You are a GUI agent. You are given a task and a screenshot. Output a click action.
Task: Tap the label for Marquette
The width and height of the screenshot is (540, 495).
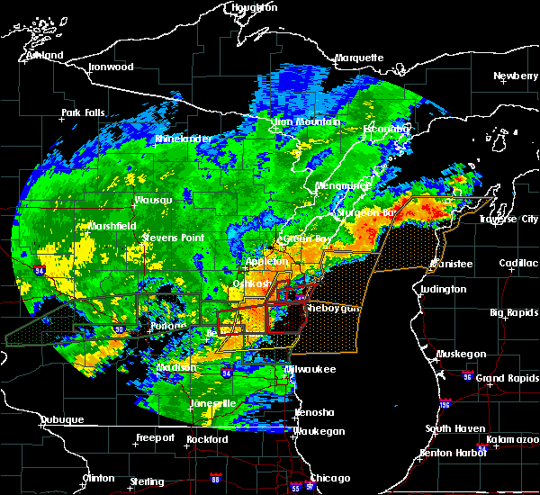pyautogui.click(x=360, y=58)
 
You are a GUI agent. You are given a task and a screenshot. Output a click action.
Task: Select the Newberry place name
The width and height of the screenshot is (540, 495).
pyautogui.click(x=516, y=76)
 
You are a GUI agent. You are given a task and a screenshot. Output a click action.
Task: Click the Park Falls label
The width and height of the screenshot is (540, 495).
pyautogui.click(x=83, y=112)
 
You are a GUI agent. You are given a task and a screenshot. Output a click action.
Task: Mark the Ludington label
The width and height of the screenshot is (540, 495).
pyautogui.click(x=443, y=289)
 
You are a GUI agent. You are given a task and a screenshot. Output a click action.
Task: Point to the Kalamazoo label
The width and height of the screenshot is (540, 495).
pyautogui.click(x=513, y=440)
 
